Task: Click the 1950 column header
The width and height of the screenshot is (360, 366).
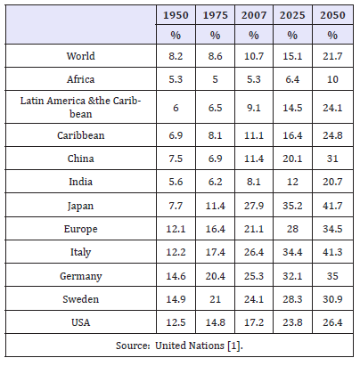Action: pyautogui.click(x=176, y=15)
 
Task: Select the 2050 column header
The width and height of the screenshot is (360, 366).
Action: pyautogui.click(x=332, y=15)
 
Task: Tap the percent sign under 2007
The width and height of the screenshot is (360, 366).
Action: pyautogui.click(x=253, y=36)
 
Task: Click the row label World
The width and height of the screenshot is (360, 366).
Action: pyautogui.click(x=80, y=56)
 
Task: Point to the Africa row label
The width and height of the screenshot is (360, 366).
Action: pyautogui.click(x=80, y=79)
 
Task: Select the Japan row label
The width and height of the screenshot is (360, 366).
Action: pyautogui.click(x=80, y=206)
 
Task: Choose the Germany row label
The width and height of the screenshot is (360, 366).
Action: pyautogui.click(x=81, y=276)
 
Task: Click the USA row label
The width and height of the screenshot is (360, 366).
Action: pyautogui.click(x=80, y=322)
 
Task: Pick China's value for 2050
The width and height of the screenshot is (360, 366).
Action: pyautogui.click(x=332, y=159)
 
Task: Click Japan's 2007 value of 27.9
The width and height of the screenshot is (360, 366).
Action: pyautogui.click(x=254, y=206)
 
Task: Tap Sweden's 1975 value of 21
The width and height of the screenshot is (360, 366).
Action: pyautogui.click(x=215, y=299)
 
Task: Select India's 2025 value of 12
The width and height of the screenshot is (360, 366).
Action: pyautogui.click(x=292, y=182)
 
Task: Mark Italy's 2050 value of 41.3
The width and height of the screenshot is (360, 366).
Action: pyautogui.click(x=332, y=252)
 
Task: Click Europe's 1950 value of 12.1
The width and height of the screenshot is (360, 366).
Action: pyautogui.click(x=176, y=229)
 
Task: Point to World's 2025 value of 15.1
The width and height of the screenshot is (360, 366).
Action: pyautogui.click(x=292, y=56)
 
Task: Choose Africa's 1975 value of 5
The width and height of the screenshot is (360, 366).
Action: pyautogui.click(x=215, y=79)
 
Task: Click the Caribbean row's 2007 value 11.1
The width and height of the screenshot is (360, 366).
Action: pyautogui.click(x=254, y=135)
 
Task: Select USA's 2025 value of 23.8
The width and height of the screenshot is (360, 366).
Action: pyautogui.click(x=292, y=322)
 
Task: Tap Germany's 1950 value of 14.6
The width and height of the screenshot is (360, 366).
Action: pyautogui.click(x=176, y=276)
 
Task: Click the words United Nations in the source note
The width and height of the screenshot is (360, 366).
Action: pyautogui.click(x=190, y=346)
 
